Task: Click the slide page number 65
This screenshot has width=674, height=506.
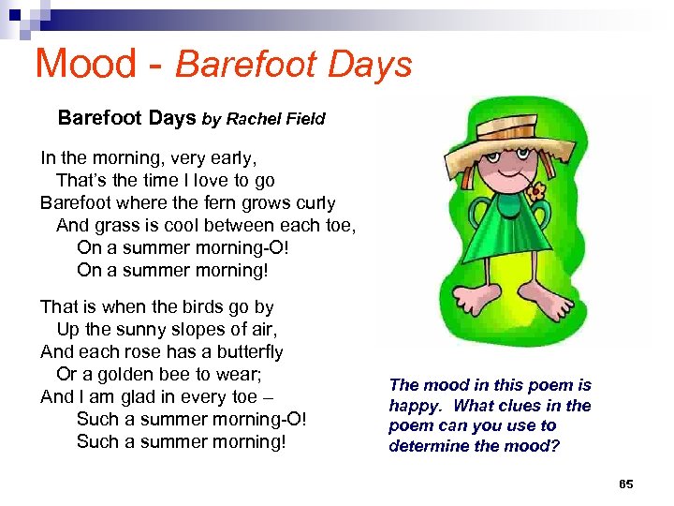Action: pyautogui.click(x=626, y=484)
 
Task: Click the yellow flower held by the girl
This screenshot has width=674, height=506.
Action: pyautogui.click(x=535, y=193)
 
